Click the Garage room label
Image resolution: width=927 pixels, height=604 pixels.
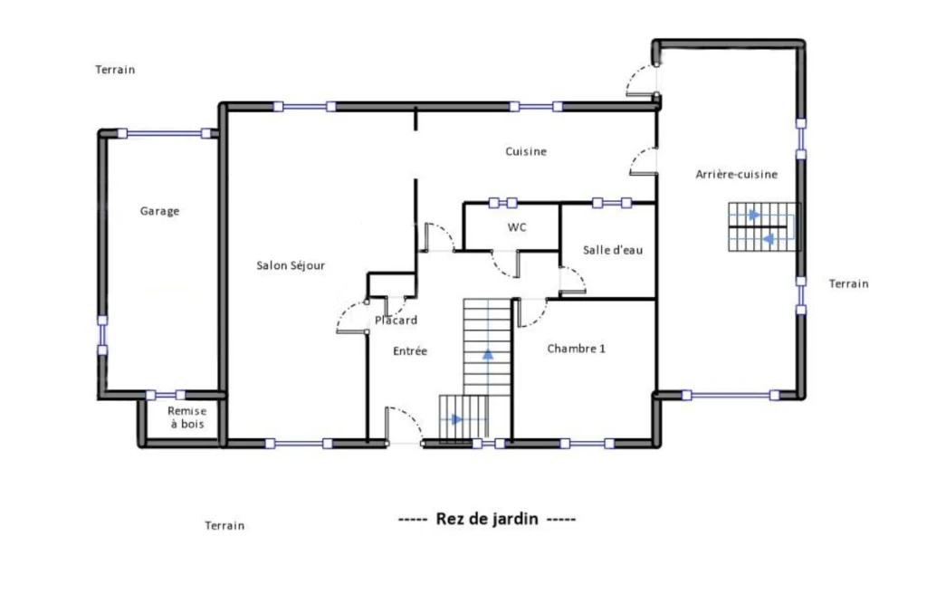pos(159,211)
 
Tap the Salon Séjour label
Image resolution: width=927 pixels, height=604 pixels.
pos(291,265)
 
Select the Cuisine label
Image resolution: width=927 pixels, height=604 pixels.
pos(526,151)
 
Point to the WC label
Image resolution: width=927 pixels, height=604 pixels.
pos(517,227)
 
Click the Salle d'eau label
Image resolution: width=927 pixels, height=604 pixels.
pos(613,250)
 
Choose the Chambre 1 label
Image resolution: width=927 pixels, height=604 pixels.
pos(577,349)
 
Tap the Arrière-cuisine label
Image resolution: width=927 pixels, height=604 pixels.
pos(737,175)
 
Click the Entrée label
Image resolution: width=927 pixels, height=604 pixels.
pos(410,351)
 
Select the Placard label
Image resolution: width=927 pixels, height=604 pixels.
pos(397,321)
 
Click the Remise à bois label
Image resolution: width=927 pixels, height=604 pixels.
pos(186,417)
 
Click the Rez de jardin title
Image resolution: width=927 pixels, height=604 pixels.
pos(487,519)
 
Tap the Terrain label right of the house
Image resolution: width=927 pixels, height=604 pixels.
pos(849,284)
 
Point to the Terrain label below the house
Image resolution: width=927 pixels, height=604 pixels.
pos(225,526)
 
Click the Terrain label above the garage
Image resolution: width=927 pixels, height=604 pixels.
pos(115,70)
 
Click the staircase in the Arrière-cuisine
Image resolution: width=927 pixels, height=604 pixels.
pos(762,227)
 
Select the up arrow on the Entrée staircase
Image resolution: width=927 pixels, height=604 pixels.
pos(488,355)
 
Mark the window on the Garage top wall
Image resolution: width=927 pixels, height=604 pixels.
pos(164,134)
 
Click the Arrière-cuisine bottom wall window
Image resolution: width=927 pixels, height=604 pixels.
pos(731,395)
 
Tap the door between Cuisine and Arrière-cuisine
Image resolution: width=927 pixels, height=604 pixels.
pos(645,161)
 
